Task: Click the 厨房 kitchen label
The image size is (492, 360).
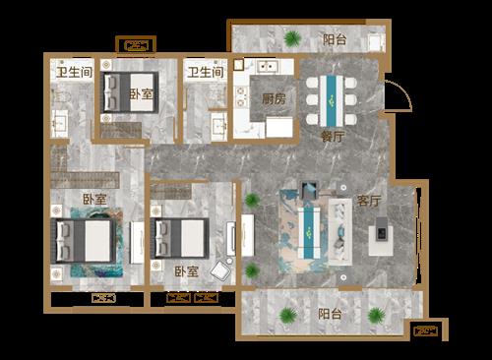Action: point(274,98)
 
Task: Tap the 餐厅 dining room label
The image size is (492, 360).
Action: point(333,136)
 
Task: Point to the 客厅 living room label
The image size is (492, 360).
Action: point(369,201)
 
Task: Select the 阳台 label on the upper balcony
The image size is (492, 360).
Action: point(335,39)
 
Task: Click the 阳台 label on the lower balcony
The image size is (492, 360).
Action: point(330,314)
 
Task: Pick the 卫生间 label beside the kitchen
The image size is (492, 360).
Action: point(206,72)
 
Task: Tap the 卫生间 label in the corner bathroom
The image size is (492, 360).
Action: point(74,72)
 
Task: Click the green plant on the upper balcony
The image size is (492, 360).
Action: point(292,38)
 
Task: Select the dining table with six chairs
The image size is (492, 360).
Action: point(332,100)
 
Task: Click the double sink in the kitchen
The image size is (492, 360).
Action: point(268,66)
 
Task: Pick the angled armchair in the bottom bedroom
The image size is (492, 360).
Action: point(221,270)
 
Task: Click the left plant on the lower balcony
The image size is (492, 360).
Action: point(288,316)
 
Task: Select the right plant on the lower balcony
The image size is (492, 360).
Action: point(377,316)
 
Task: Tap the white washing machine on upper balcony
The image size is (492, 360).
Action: point(375,42)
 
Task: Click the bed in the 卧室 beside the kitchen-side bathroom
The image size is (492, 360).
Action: point(131,92)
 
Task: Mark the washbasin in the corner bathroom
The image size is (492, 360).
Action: point(59,123)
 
